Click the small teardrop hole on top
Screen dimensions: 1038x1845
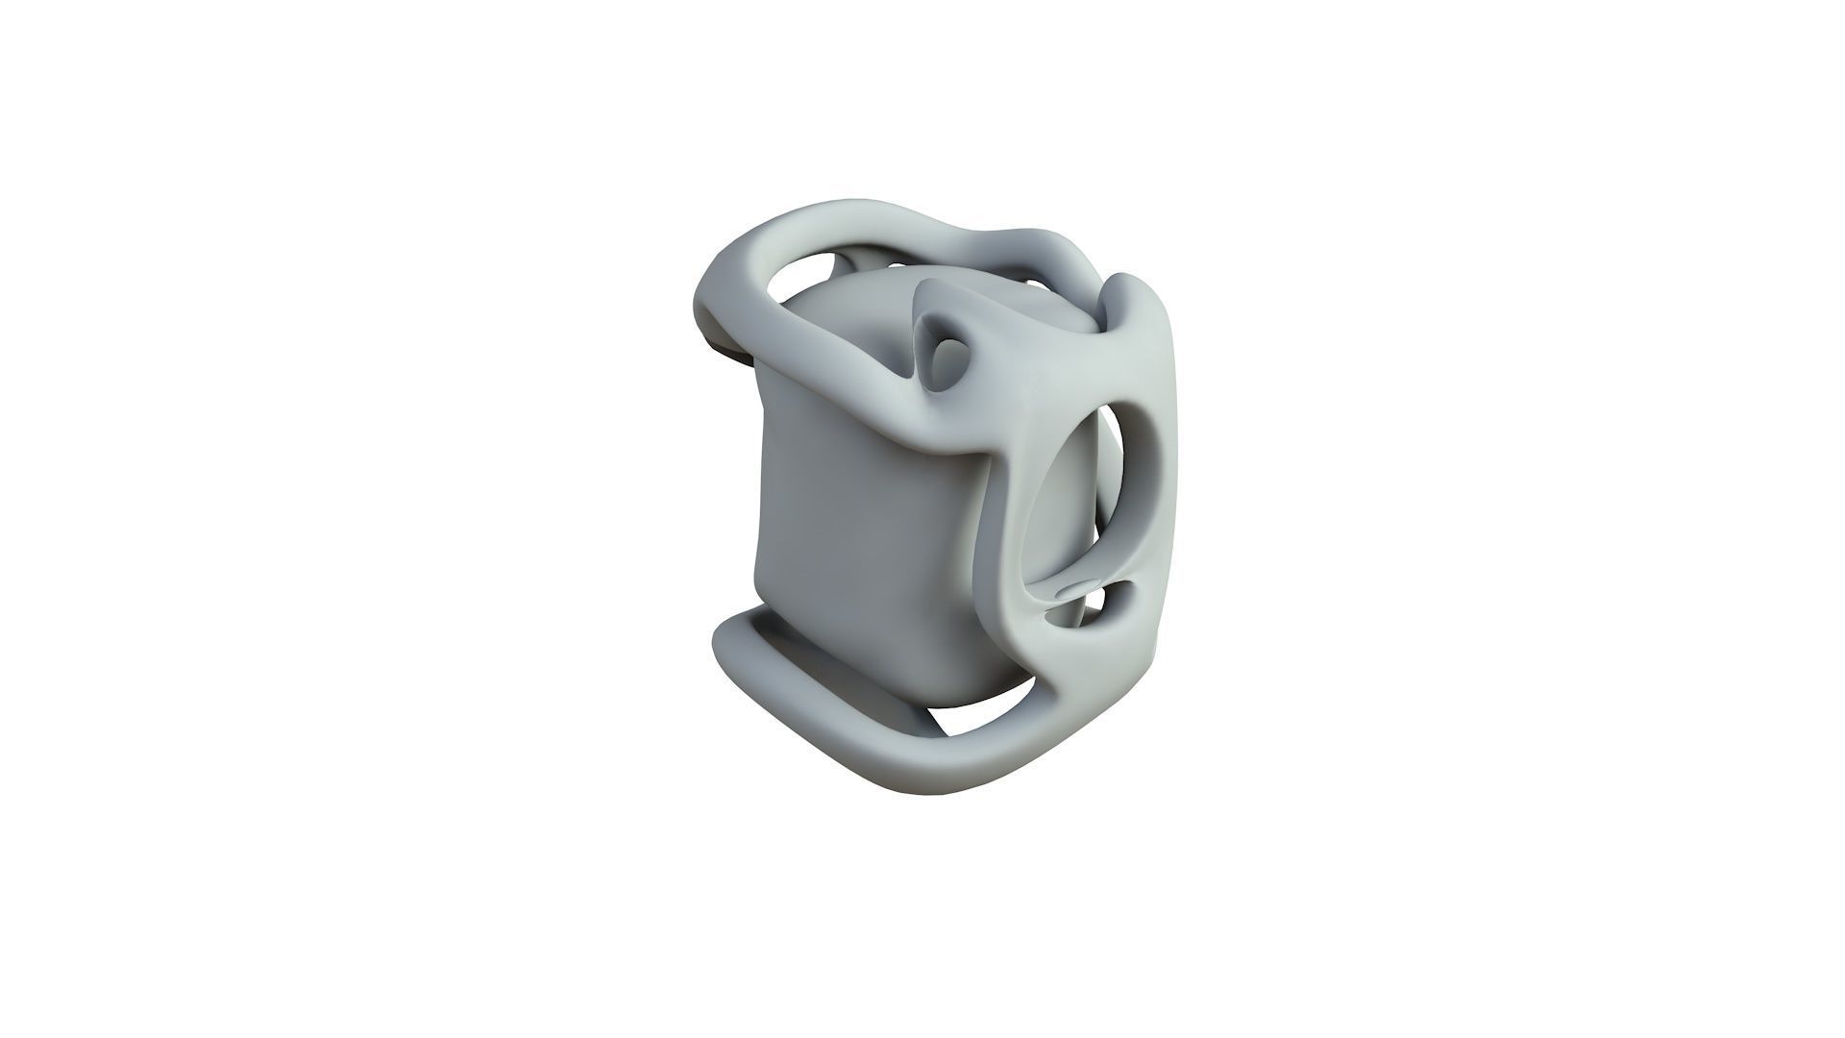point(947,352)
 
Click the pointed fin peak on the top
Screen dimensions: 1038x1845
point(927,288)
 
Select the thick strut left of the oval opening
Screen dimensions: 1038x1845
point(1009,538)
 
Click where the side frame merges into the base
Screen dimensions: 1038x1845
point(1067,702)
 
